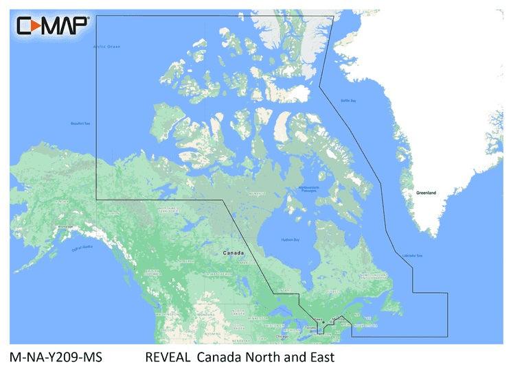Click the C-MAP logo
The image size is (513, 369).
pos(52,26)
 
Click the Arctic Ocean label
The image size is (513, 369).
pos(106,46)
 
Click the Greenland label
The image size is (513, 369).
pos(426,193)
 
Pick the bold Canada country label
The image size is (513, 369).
pos(233,253)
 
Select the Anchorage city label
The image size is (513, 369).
pos(65,226)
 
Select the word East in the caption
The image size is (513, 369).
pos(319,357)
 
